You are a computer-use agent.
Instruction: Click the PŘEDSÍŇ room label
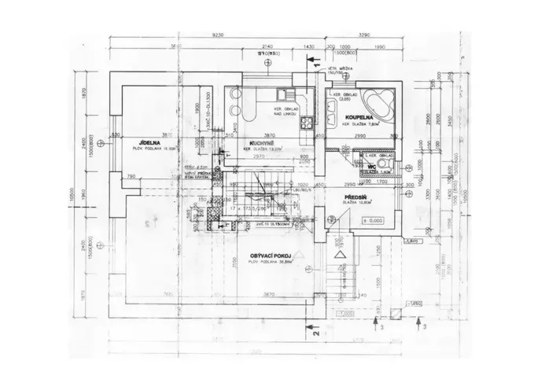point(358,196)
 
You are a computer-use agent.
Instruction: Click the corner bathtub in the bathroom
point(384,101)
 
